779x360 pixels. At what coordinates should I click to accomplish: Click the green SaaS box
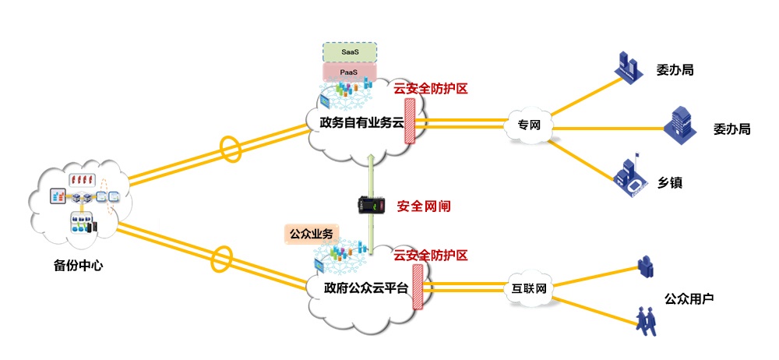pos(350,51)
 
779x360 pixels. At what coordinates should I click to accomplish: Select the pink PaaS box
pos(350,72)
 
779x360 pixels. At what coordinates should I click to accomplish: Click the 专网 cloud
pos(529,125)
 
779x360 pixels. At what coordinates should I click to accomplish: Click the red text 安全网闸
pos(424,206)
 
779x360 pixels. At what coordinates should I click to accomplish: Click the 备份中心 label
pos(78,265)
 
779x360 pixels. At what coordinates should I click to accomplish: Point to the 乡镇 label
pos(670,183)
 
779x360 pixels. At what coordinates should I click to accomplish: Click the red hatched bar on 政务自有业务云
pos(410,122)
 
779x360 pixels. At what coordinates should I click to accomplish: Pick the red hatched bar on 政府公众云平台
pos(418,287)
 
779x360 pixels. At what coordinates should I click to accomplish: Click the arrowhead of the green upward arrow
pos(371,157)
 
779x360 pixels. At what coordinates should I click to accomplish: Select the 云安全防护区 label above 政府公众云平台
pos(431,256)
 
